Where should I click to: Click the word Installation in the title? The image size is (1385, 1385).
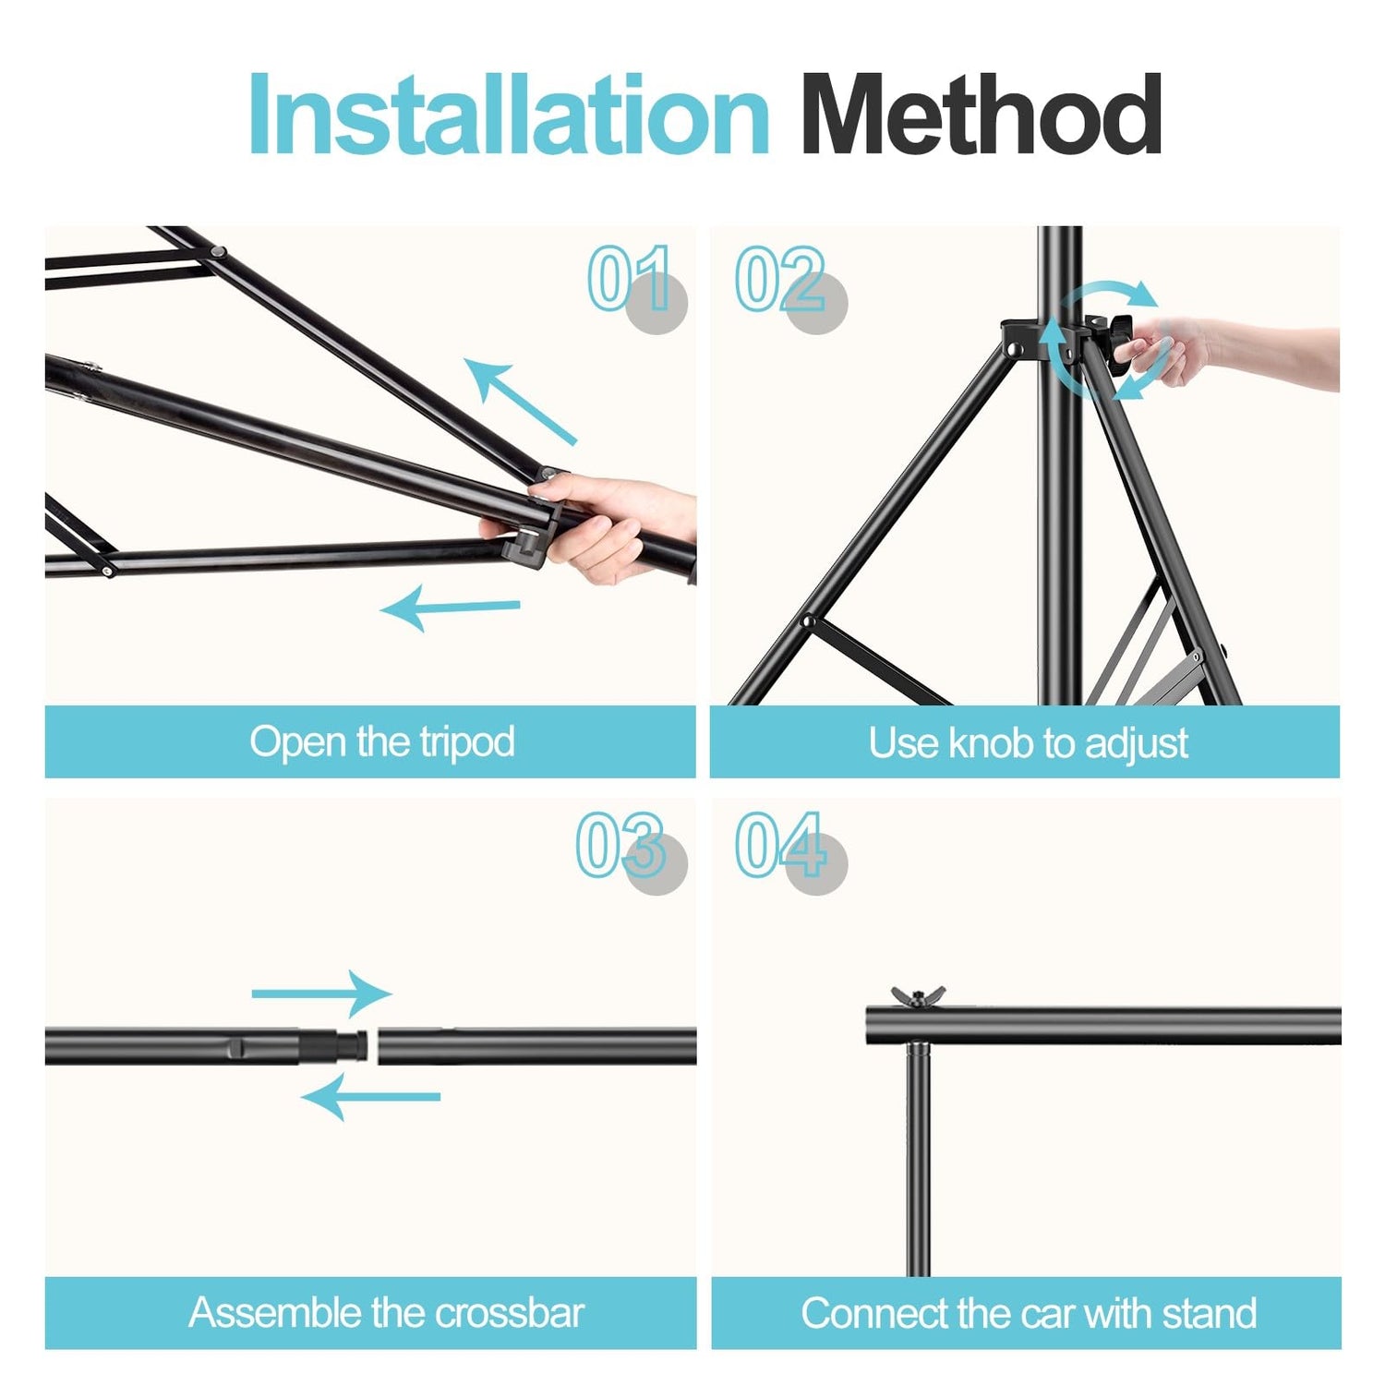click(509, 114)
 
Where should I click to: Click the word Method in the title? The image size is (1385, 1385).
click(981, 114)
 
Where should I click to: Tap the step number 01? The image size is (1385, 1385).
click(631, 278)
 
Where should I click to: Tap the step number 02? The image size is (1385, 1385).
click(780, 279)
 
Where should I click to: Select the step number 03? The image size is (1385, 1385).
click(620, 844)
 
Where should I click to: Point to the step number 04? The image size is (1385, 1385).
click(780, 844)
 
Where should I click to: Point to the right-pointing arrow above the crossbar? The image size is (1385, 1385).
click(321, 994)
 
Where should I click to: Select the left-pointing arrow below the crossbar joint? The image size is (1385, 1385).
click(371, 1097)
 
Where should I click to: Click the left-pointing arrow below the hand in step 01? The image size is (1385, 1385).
click(451, 608)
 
